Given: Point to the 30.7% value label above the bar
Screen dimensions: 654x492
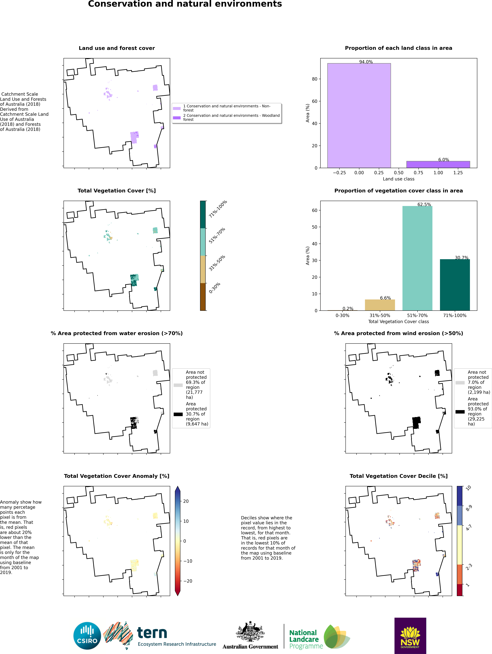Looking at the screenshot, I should [x=462, y=258].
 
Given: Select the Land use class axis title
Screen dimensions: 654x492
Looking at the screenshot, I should [x=398, y=179].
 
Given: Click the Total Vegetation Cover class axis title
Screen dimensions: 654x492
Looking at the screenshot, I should [x=398, y=321].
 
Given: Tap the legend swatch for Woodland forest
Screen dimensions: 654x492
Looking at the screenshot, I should [x=177, y=118].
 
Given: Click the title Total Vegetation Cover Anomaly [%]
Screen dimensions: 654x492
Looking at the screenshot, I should [x=117, y=476].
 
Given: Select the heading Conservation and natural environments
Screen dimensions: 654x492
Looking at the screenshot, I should [x=185, y=4].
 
